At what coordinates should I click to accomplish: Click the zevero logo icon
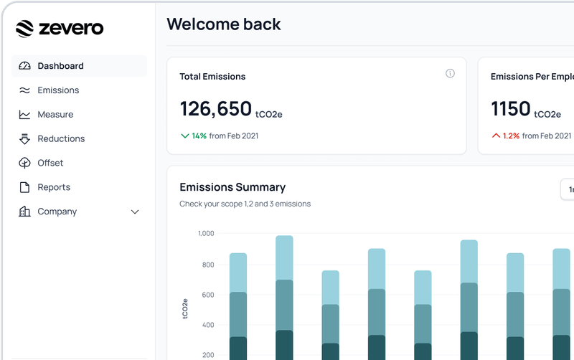click(x=24, y=28)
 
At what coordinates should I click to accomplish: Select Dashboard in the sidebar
click(x=60, y=66)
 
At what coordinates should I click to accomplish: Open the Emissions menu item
click(x=58, y=90)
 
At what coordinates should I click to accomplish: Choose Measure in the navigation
click(x=55, y=115)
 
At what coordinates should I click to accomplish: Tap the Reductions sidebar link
click(x=61, y=139)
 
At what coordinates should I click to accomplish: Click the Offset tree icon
click(x=24, y=164)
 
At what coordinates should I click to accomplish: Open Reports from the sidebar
click(x=54, y=188)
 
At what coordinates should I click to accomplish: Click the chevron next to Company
click(x=135, y=212)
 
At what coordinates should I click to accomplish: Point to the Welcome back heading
click(x=224, y=24)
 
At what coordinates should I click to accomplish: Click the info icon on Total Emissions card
click(x=450, y=73)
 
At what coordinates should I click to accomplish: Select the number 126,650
click(x=215, y=109)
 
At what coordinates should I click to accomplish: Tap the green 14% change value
click(x=199, y=136)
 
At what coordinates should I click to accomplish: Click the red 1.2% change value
click(x=511, y=136)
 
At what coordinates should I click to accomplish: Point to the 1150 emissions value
click(x=510, y=109)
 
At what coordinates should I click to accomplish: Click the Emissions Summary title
click(x=232, y=187)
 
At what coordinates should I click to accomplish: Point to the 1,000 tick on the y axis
click(x=206, y=234)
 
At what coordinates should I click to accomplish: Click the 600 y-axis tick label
click(x=208, y=295)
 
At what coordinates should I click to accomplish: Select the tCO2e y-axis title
click(x=185, y=308)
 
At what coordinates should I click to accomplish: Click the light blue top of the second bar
click(x=285, y=257)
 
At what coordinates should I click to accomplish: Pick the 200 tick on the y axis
click(x=208, y=355)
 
